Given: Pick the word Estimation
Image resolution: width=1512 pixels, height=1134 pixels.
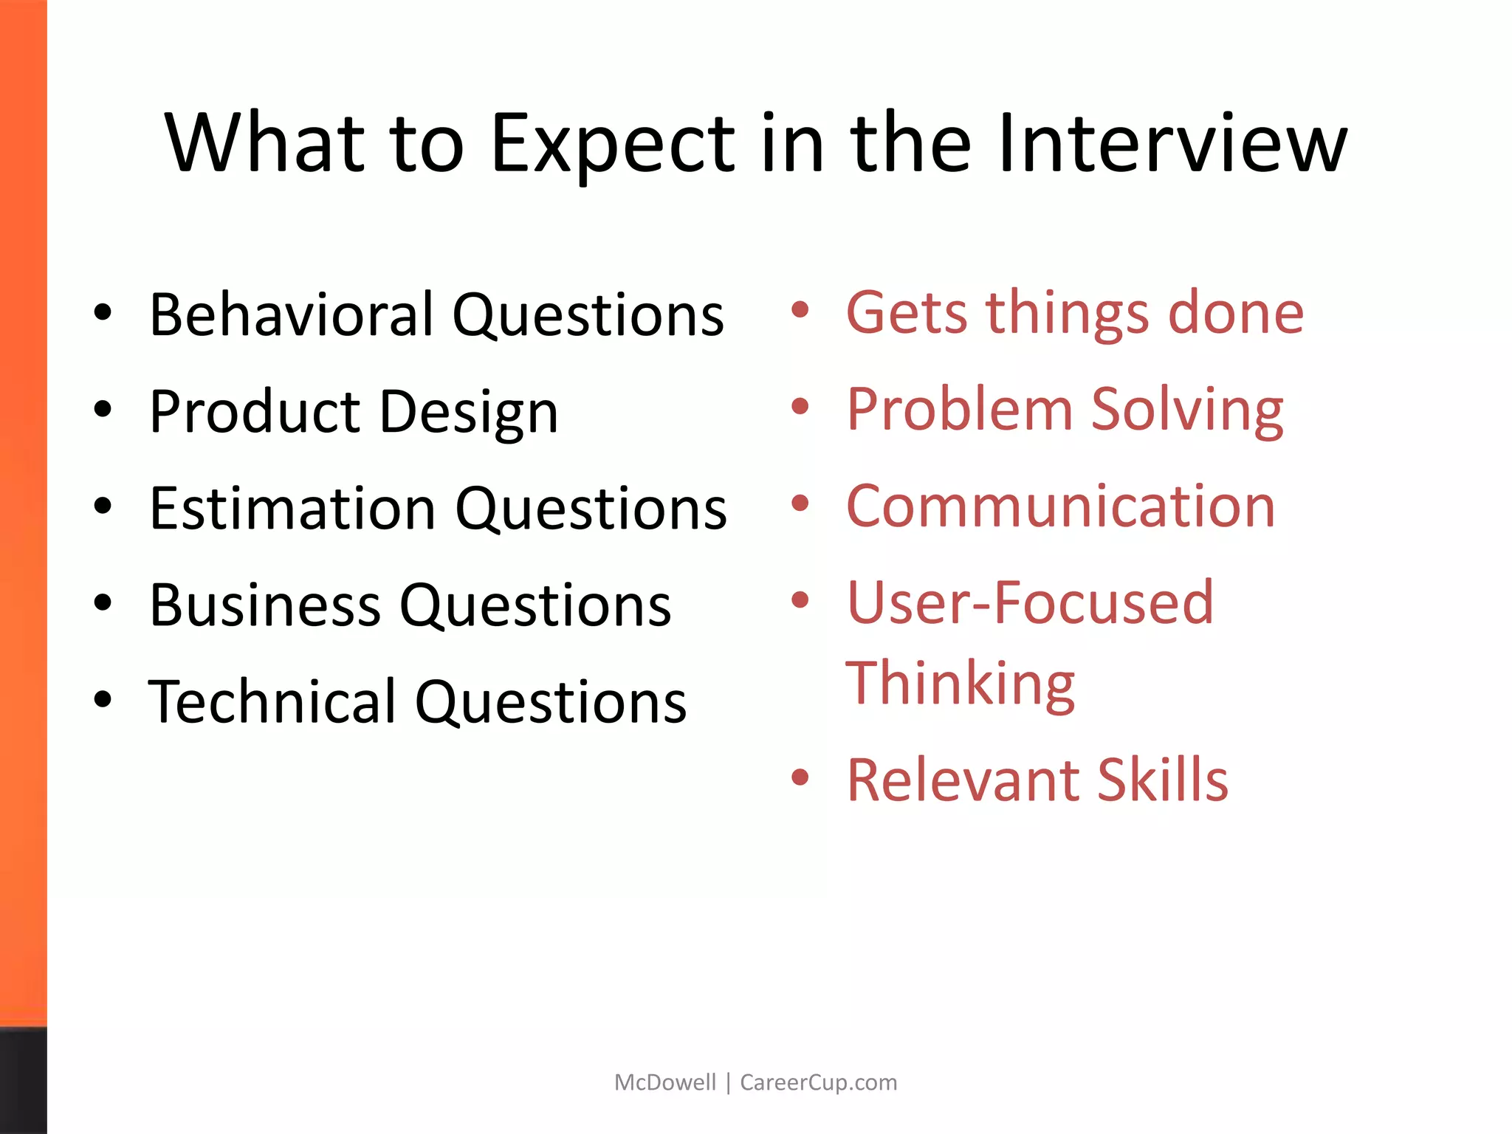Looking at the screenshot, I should click(292, 509).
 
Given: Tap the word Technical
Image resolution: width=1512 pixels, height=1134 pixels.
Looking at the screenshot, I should click(272, 701).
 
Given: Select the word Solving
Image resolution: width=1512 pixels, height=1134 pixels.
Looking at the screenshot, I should click(1186, 410).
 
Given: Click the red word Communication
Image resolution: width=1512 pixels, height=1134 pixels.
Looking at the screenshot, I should click(1060, 506).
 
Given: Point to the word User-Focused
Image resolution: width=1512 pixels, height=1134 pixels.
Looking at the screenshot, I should click(1029, 603).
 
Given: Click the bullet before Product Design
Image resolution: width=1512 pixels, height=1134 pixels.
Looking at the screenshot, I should click(103, 408).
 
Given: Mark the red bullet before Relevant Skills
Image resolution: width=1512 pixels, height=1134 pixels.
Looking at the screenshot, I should click(800, 777).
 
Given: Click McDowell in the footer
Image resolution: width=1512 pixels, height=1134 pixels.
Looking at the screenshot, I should click(664, 1082).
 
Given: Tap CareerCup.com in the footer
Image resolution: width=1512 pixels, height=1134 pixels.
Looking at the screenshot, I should click(818, 1082).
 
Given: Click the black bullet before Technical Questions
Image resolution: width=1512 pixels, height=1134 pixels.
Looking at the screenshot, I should click(103, 698).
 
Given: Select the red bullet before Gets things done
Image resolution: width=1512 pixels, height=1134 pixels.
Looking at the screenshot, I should click(800, 309).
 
